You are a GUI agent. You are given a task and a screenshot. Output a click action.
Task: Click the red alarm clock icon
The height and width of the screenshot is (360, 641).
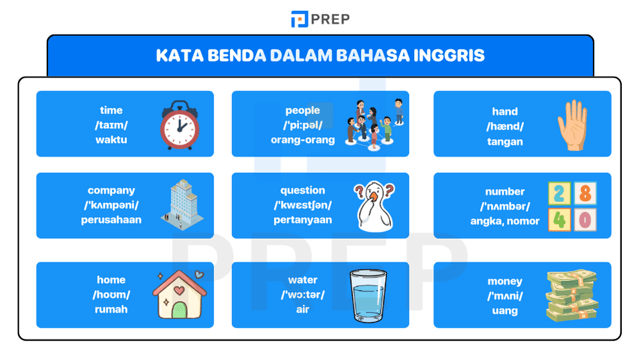(179, 124)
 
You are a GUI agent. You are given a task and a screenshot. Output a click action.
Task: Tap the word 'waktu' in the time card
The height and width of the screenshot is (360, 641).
(111, 140)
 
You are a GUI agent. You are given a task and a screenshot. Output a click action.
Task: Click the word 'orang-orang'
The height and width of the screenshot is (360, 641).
(303, 140)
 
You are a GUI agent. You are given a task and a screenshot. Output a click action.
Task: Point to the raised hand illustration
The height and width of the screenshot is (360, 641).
(572, 125)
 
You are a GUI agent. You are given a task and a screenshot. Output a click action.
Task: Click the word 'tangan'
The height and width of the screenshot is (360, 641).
(504, 142)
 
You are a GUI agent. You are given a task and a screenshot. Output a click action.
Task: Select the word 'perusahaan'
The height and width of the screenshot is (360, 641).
(111, 220)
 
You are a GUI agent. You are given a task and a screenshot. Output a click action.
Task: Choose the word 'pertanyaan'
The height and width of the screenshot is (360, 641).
(303, 220)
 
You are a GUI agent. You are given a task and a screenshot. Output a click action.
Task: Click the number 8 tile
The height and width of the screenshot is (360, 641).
(585, 192)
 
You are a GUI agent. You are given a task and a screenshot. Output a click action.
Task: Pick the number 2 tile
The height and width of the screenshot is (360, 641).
(560, 192)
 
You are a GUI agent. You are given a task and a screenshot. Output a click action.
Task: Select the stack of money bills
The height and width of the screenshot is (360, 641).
(572, 296)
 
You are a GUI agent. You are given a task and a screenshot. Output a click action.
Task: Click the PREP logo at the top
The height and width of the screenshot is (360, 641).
(320, 19)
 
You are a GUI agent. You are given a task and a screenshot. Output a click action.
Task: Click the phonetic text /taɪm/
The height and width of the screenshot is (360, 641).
(111, 125)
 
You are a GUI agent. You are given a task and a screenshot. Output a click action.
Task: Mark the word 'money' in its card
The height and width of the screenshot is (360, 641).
(504, 281)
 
